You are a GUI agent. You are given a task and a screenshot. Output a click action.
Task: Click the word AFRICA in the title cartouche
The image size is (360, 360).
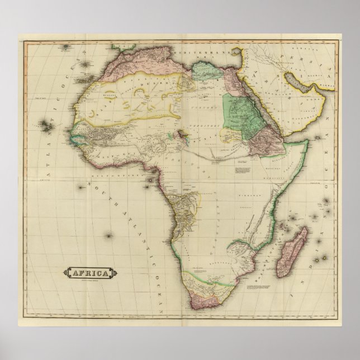click(x=89, y=273)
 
